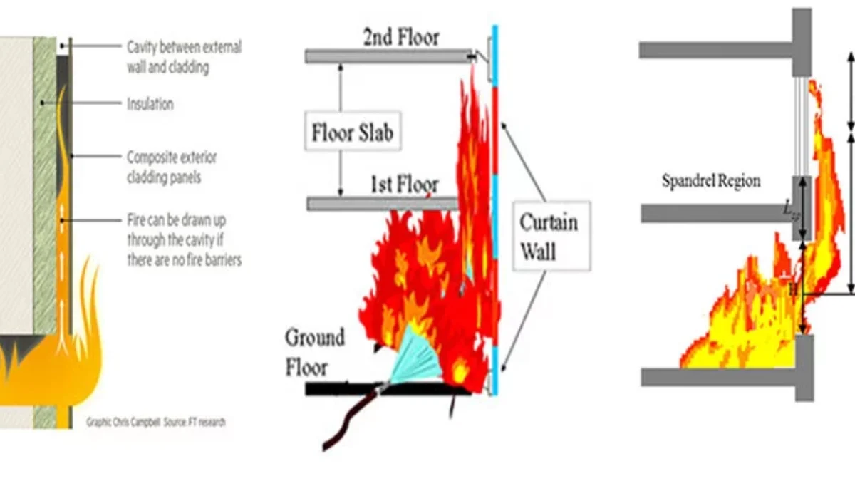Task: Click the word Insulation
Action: click(x=150, y=104)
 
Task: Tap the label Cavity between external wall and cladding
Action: click(x=184, y=58)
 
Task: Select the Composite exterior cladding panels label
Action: click(x=172, y=167)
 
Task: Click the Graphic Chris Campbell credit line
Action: click(x=156, y=422)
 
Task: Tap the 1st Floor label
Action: click(x=403, y=185)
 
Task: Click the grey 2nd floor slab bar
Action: click(x=388, y=56)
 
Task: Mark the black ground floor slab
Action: click(x=385, y=389)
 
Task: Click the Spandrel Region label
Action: click(x=710, y=180)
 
